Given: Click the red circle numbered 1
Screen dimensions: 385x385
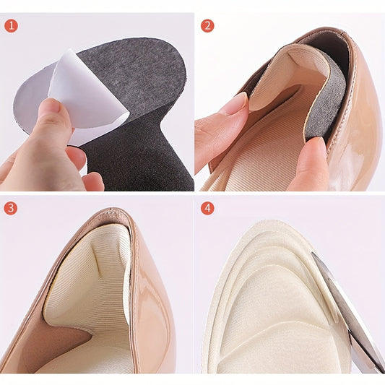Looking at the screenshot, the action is [x=11, y=25].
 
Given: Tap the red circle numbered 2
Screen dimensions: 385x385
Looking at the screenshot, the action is [x=207, y=25].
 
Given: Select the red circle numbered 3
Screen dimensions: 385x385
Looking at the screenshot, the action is [x=11, y=208].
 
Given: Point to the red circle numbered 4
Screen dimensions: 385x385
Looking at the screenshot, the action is [x=207, y=208].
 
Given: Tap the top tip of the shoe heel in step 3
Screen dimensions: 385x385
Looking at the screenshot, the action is [x=113, y=209].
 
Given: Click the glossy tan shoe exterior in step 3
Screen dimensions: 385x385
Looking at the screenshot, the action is [x=152, y=307].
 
